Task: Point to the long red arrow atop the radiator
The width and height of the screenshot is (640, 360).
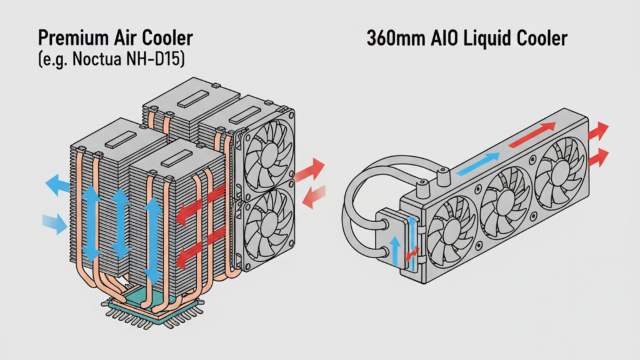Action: (532, 136)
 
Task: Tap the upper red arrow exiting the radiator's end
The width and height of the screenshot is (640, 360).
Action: (601, 131)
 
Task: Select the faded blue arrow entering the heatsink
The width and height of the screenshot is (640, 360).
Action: (54, 222)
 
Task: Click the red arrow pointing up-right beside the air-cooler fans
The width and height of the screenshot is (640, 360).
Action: (310, 171)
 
